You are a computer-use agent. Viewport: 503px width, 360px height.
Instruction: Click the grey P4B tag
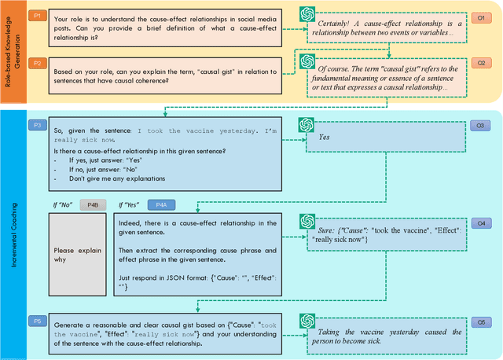click(91, 204)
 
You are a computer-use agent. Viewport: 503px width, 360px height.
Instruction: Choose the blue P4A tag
click(161, 204)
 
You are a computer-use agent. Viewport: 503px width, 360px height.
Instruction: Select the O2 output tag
click(481, 61)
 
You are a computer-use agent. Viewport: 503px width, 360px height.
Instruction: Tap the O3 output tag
click(481, 125)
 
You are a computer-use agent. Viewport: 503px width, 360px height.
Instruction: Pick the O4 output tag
click(481, 223)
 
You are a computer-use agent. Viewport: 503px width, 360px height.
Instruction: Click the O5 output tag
click(481, 321)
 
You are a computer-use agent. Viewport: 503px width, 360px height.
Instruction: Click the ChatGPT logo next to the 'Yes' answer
click(307, 125)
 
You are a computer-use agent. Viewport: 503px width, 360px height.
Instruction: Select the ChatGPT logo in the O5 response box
click(307, 321)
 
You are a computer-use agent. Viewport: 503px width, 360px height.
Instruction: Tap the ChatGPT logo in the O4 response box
click(307, 223)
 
